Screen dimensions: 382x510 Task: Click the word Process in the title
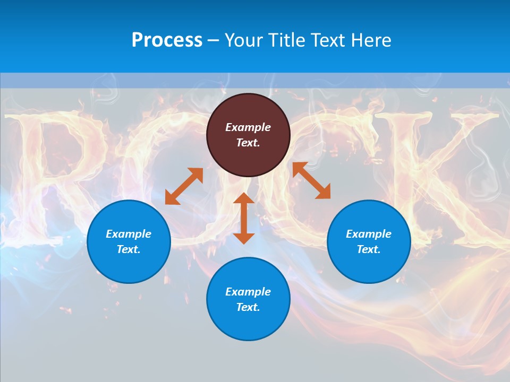tap(167, 40)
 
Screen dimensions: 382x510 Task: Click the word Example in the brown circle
tap(248, 127)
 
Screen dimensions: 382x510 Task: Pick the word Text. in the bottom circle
tap(248, 307)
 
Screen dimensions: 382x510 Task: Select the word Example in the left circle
tap(129, 234)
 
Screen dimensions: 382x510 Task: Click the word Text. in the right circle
tap(369, 249)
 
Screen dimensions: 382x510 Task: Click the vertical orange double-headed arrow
tap(244, 218)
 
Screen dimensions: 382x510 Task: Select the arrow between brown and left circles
tap(184, 186)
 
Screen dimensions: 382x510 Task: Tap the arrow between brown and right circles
tap(312, 180)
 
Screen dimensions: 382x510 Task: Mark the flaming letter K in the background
tap(457, 175)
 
